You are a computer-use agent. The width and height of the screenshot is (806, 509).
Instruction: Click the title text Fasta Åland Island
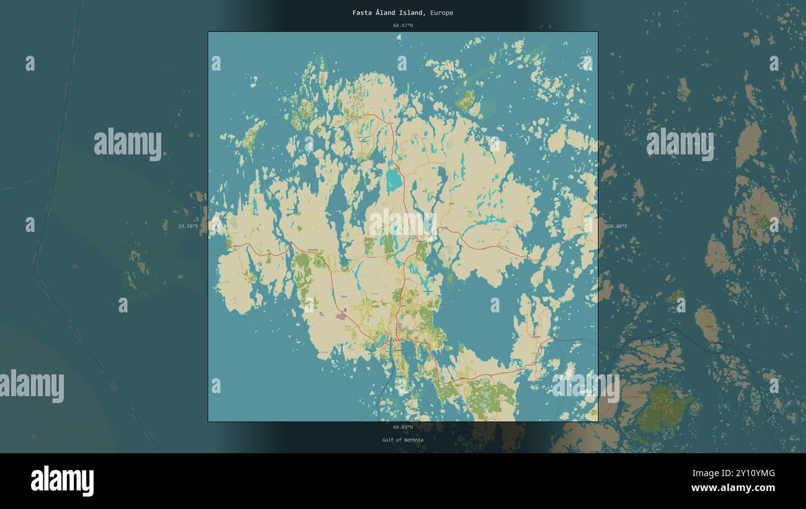(x=388, y=12)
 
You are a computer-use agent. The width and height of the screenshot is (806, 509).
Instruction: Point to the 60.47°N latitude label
(x=402, y=25)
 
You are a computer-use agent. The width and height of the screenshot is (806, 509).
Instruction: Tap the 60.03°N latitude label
(x=402, y=427)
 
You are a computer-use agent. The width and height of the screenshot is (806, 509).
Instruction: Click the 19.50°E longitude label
(x=188, y=226)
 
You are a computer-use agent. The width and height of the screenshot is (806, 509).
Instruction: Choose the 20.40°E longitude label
(x=617, y=226)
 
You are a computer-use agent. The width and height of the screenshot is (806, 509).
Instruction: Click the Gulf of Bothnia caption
(x=402, y=440)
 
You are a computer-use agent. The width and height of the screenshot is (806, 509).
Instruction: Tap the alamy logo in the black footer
(x=62, y=481)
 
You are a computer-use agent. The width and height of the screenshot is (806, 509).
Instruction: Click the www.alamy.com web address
(x=733, y=488)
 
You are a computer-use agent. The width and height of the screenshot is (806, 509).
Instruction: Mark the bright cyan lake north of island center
(x=394, y=179)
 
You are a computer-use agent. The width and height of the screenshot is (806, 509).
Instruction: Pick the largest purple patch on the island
(x=340, y=316)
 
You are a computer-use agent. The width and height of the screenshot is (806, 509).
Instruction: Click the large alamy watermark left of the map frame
(x=128, y=144)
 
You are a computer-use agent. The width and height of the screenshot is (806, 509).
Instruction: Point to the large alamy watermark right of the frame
(x=680, y=144)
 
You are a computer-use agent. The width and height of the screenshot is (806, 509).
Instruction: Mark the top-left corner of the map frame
(x=208, y=32)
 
